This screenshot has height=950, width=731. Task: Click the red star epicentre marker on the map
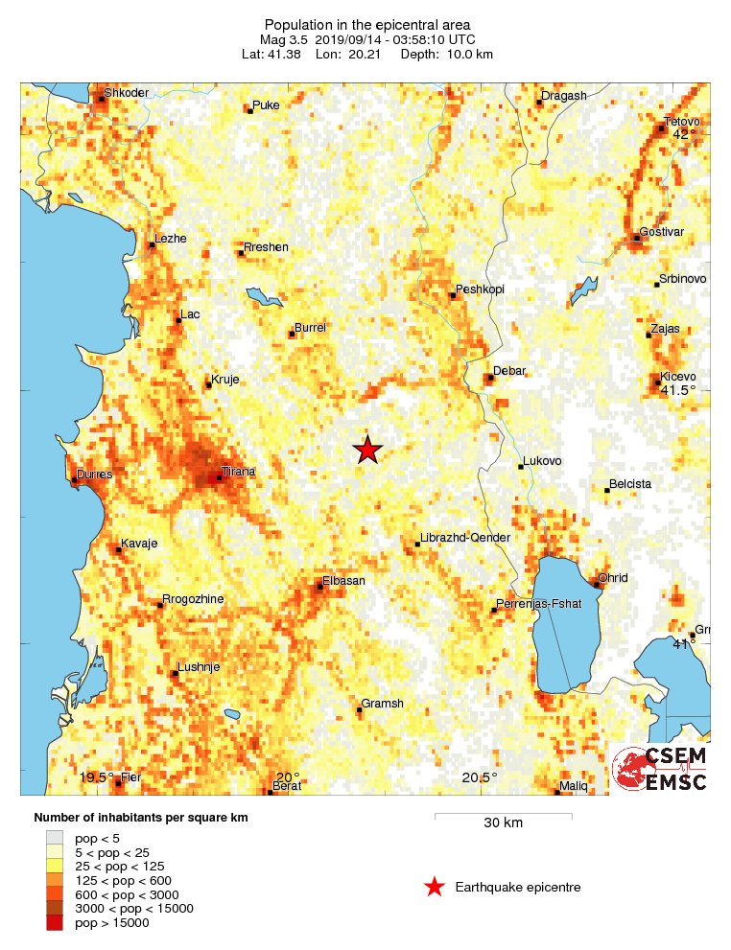coord(367,450)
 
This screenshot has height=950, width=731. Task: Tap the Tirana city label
coord(238,472)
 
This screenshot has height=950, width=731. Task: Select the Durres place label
coord(95,475)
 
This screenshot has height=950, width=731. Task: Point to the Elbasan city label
coord(343,580)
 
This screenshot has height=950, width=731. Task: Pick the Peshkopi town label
coord(480,289)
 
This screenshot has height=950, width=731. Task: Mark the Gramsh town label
coord(382,704)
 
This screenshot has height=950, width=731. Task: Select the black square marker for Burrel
coord(292,334)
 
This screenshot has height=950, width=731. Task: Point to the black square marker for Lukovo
coord(521,466)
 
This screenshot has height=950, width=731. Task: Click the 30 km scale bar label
coord(503,823)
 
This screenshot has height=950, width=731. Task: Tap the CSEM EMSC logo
coord(660,769)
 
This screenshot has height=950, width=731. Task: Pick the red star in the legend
coord(435,888)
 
